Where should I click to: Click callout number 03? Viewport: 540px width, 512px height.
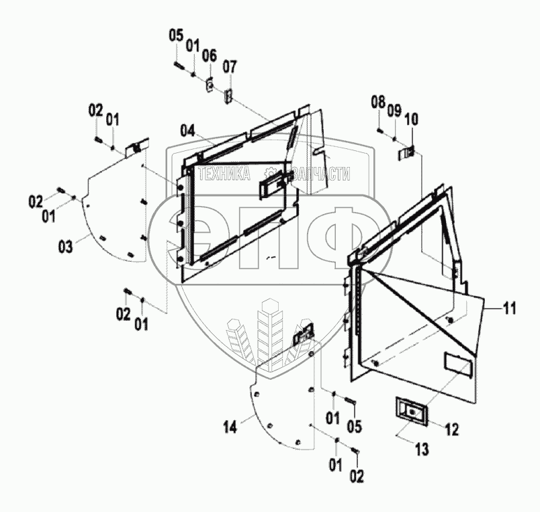pos(64,248)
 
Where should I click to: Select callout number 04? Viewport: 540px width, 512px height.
pos(187,130)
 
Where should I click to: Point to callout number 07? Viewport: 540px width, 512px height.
pos(230,66)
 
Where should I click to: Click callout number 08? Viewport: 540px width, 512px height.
pos(377,102)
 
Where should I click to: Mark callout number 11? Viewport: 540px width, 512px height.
pos(510,309)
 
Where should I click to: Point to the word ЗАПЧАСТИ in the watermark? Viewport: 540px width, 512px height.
pos(320,174)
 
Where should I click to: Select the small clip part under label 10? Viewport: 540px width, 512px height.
pos(406,154)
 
